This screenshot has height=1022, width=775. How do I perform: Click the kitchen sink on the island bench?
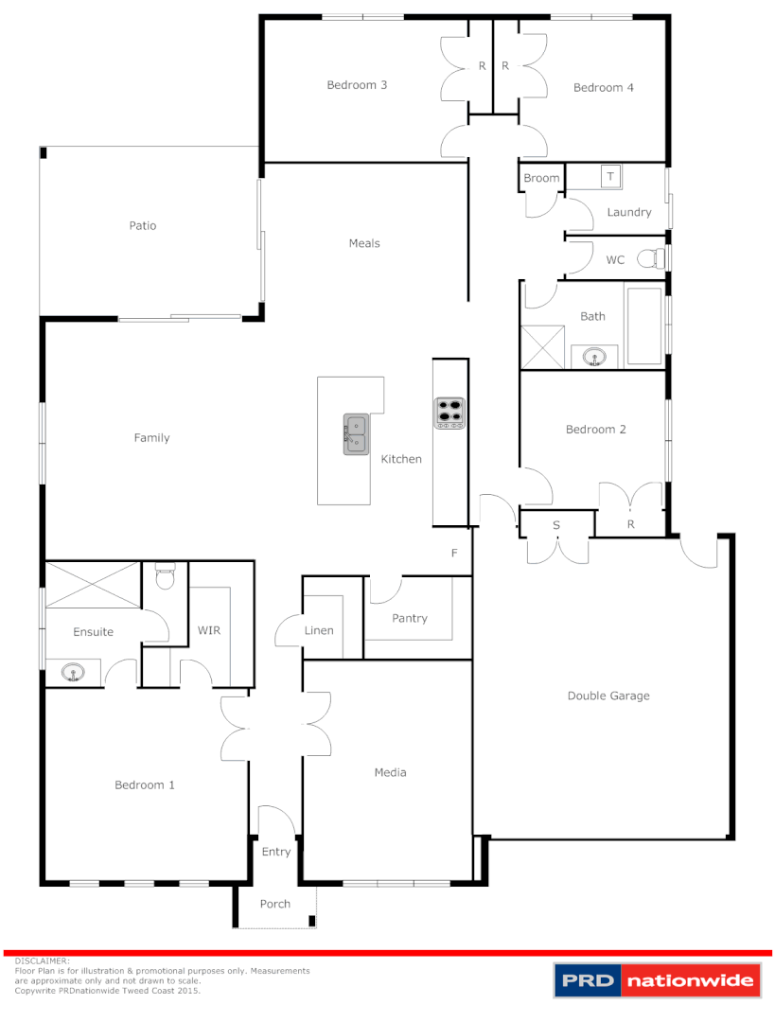point(356,434)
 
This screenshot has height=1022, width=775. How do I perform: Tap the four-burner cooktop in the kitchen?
point(449,414)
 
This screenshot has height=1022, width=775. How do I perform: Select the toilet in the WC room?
point(652,258)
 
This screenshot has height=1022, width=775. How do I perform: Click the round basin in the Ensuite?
point(72,673)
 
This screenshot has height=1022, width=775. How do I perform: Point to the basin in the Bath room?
point(594,357)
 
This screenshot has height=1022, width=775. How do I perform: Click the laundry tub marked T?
point(610,177)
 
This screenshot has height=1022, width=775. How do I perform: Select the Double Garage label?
point(608,696)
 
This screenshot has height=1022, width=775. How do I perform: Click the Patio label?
point(143,225)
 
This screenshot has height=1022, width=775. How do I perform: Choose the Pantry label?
point(410,618)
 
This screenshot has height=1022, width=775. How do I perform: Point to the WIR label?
point(208,629)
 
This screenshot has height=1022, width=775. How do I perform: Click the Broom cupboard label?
point(541,178)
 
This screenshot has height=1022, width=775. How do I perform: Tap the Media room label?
point(390,772)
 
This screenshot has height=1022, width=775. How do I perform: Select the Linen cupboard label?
point(319,629)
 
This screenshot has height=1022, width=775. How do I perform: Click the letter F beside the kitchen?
point(454,554)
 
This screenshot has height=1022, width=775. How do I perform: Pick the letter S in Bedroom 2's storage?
point(556,524)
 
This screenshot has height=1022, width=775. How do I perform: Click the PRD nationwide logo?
point(658,980)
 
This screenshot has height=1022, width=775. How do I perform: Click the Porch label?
point(275,904)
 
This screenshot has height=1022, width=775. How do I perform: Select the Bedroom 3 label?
point(357,84)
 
